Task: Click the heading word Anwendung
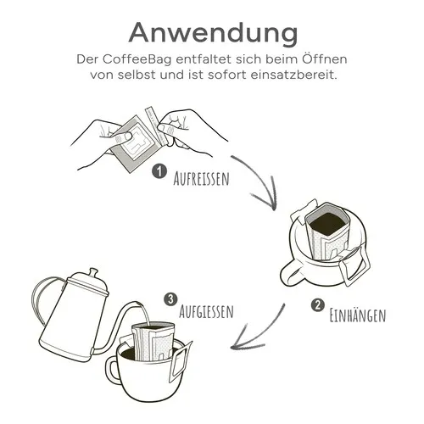click(x=212, y=31)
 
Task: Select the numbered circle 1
click(x=158, y=172)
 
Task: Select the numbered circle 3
click(x=171, y=298)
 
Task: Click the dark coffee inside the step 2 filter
click(x=326, y=225)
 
